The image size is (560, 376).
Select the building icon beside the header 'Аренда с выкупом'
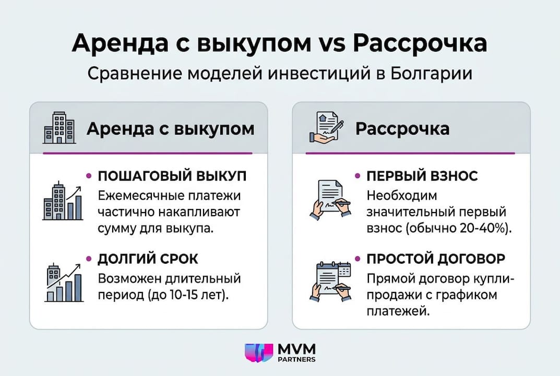(58, 128)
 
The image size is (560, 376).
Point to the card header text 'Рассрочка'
(402, 128)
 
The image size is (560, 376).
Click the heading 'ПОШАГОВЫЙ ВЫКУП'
(172, 176)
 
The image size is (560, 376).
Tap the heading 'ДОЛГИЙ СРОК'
(148, 258)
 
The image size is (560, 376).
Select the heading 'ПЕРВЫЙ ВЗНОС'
(422, 176)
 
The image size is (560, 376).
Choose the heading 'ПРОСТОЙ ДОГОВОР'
(436, 258)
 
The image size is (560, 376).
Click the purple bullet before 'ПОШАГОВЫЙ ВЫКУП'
(89, 176)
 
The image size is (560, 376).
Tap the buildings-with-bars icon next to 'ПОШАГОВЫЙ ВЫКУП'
(62, 202)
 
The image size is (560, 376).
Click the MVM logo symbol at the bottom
(259, 353)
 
